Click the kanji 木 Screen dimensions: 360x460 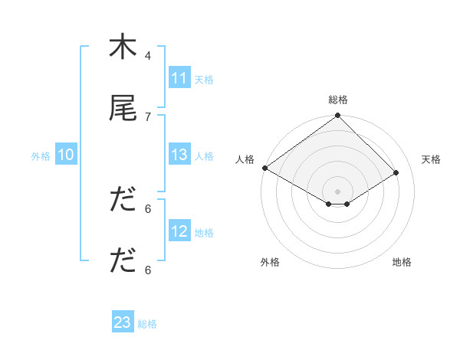pos(123,47)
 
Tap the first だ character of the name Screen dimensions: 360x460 pos(123,200)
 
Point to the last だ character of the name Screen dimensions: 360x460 pos(123,261)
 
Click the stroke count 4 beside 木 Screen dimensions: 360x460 pos(148,56)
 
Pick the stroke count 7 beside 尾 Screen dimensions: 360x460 pos(148,116)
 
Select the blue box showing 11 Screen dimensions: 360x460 pos(179,78)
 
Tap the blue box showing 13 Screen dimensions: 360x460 pos(179,155)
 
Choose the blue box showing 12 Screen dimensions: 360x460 pos(179,231)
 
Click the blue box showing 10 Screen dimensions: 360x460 pos(66,155)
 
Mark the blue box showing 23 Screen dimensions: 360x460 pos(123,323)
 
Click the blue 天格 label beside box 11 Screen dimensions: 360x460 pos(204,79)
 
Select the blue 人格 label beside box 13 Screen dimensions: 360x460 pos(204,155)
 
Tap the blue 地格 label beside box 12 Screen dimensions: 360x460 pos(204,232)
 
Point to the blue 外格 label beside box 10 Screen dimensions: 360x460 pos(41,155)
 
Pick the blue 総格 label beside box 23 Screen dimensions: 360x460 pos(147,324)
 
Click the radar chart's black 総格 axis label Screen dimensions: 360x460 pos(338,100)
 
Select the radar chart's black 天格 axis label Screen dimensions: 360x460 pos(431,159)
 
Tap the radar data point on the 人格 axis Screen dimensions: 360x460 pos(264,168)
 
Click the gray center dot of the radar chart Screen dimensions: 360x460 pos(338,191)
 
